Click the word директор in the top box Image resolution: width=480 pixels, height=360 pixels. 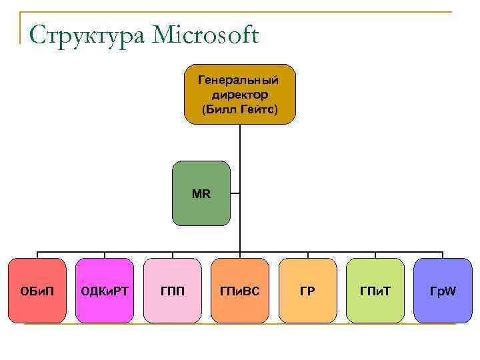pyautogui.click(x=239, y=95)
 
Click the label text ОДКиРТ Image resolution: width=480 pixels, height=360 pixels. pyautogui.click(x=105, y=291)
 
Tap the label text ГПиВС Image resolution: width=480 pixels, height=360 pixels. pyautogui.click(x=239, y=291)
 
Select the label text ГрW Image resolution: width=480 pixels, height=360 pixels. pyautogui.click(x=443, y=291)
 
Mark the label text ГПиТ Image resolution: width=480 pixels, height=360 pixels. pyautogui.click(x=375, y=291)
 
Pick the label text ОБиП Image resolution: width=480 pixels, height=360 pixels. pyautogui.click(x=37, y=291)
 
